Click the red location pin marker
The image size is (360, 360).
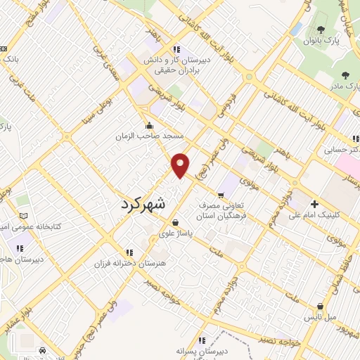(x=181, y=165)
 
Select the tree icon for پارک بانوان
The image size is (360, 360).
(x=321, y=30)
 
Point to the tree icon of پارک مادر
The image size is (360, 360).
(x=345, y=75)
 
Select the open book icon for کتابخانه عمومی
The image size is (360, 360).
(x=24, y=215)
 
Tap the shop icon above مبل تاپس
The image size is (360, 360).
(x=321, y=307)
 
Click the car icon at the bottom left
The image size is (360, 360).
(x=43, y=349)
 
